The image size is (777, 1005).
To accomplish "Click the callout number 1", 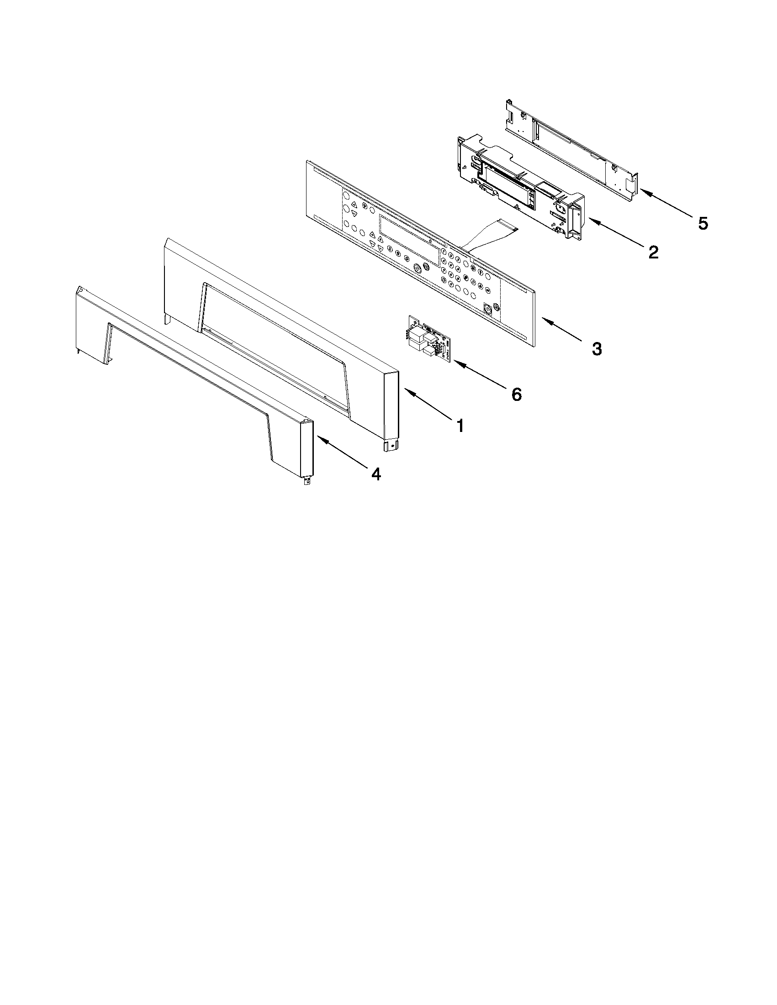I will pos(459,426).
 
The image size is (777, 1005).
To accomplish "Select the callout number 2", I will pos(653,252).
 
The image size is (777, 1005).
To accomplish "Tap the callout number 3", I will pos(596,349).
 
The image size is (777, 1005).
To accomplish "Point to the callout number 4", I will pos(376,474).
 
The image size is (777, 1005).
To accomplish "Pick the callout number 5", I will pos(703,224).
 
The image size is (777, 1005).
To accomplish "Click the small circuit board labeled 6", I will pos(428,341).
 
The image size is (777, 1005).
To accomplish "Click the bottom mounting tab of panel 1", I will pos(391,446).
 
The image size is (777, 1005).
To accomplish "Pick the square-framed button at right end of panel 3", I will pos(486,307).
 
